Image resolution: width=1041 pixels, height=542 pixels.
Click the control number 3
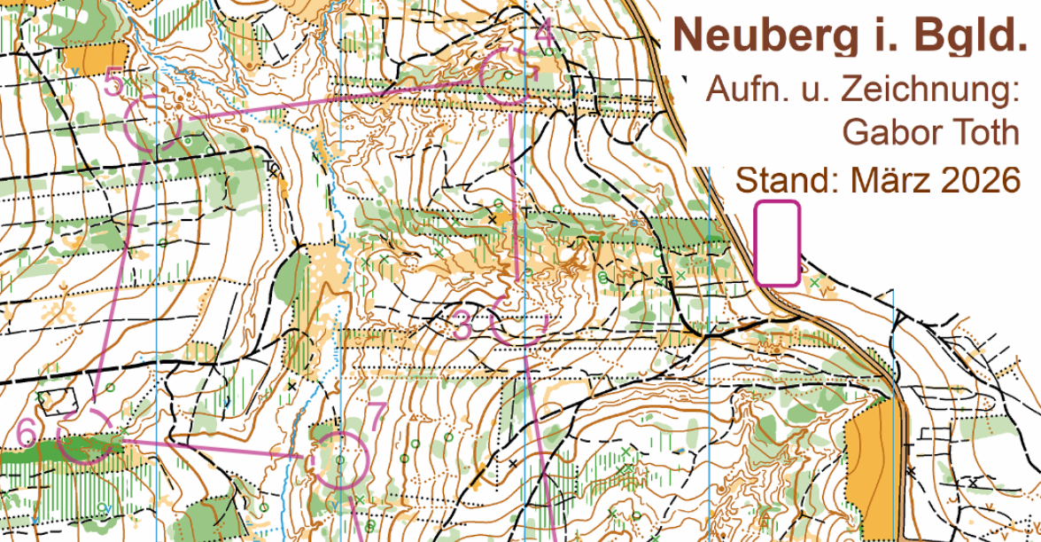point(462,324)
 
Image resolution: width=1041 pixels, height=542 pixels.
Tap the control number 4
point(545,34)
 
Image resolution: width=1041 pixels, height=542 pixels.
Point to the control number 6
point(27,432)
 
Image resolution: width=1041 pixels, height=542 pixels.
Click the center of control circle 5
point(153,122)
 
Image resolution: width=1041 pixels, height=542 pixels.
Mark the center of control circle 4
point(508,76)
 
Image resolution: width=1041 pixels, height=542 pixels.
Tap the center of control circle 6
point(85,435)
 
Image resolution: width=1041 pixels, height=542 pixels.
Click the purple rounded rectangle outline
point(777,244)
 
